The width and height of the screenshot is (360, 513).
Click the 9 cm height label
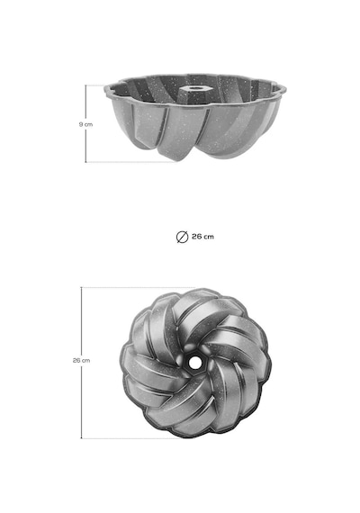pyautogui.click(x=85, y=124)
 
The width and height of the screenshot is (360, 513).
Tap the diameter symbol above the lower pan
pyautogui.click(x=183, y=237)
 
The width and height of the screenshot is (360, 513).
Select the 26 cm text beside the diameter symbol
pyautogui.click(x=202, y=237)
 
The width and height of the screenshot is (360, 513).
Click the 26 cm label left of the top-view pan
pyautogui.click(x=82, y=360)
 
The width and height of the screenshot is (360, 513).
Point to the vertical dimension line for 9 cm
pyautogui.click(x=85, y=123)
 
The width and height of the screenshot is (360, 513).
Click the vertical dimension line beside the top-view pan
pyautogui.click(x=81, y=363)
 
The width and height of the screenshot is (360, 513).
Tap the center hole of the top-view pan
pyautogui.click(x=194, y=362)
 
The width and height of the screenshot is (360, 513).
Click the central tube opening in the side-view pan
pyautogui.click(x=194, y=88)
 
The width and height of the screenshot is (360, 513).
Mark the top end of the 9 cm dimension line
pyautogui.click(x=85, y=85)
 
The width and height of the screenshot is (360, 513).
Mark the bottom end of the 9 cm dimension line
pyautogui.click(x=85, y=162)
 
